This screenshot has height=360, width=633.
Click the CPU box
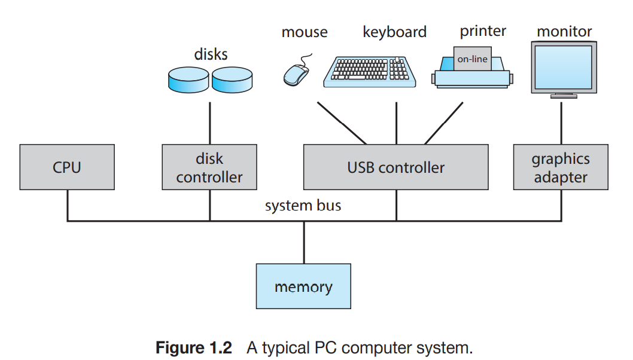click(x=67, y=167)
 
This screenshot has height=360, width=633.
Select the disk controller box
click(x=209, y=167)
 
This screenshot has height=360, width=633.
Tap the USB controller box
click(x=396, y=167)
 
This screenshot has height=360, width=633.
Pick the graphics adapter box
click(x=561, y=167)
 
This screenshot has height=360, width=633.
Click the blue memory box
click(x=303, y=286)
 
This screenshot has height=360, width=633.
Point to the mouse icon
click(x=297, y=70)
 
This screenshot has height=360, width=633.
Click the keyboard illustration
click(x=370, y=72)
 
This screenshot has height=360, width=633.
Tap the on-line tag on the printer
click(x=472, y=59)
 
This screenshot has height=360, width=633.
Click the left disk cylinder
click(x=188, y=80)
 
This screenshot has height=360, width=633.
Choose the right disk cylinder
click(x=232, y=80)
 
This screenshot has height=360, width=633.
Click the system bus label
click(x=303, y=206)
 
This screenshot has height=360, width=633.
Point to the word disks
click(x=211, y=54)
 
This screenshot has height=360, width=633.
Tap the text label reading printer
click(x=483, y=31)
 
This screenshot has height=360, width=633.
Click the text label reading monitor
click(x=564, y=32)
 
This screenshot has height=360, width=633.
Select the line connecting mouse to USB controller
click(x=342, y=123)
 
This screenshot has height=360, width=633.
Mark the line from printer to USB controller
click(x=444, y=123)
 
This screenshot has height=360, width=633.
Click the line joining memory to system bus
click(x=304, y=243)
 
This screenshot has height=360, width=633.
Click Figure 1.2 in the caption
click(x=194, y=347)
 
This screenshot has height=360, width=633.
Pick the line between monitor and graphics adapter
click(x=561, y=123)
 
